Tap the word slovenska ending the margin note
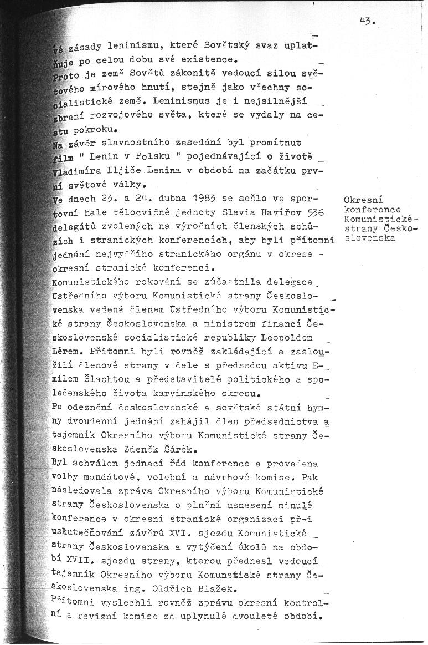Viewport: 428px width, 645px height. pyautogui.click(x=369, y=238)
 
